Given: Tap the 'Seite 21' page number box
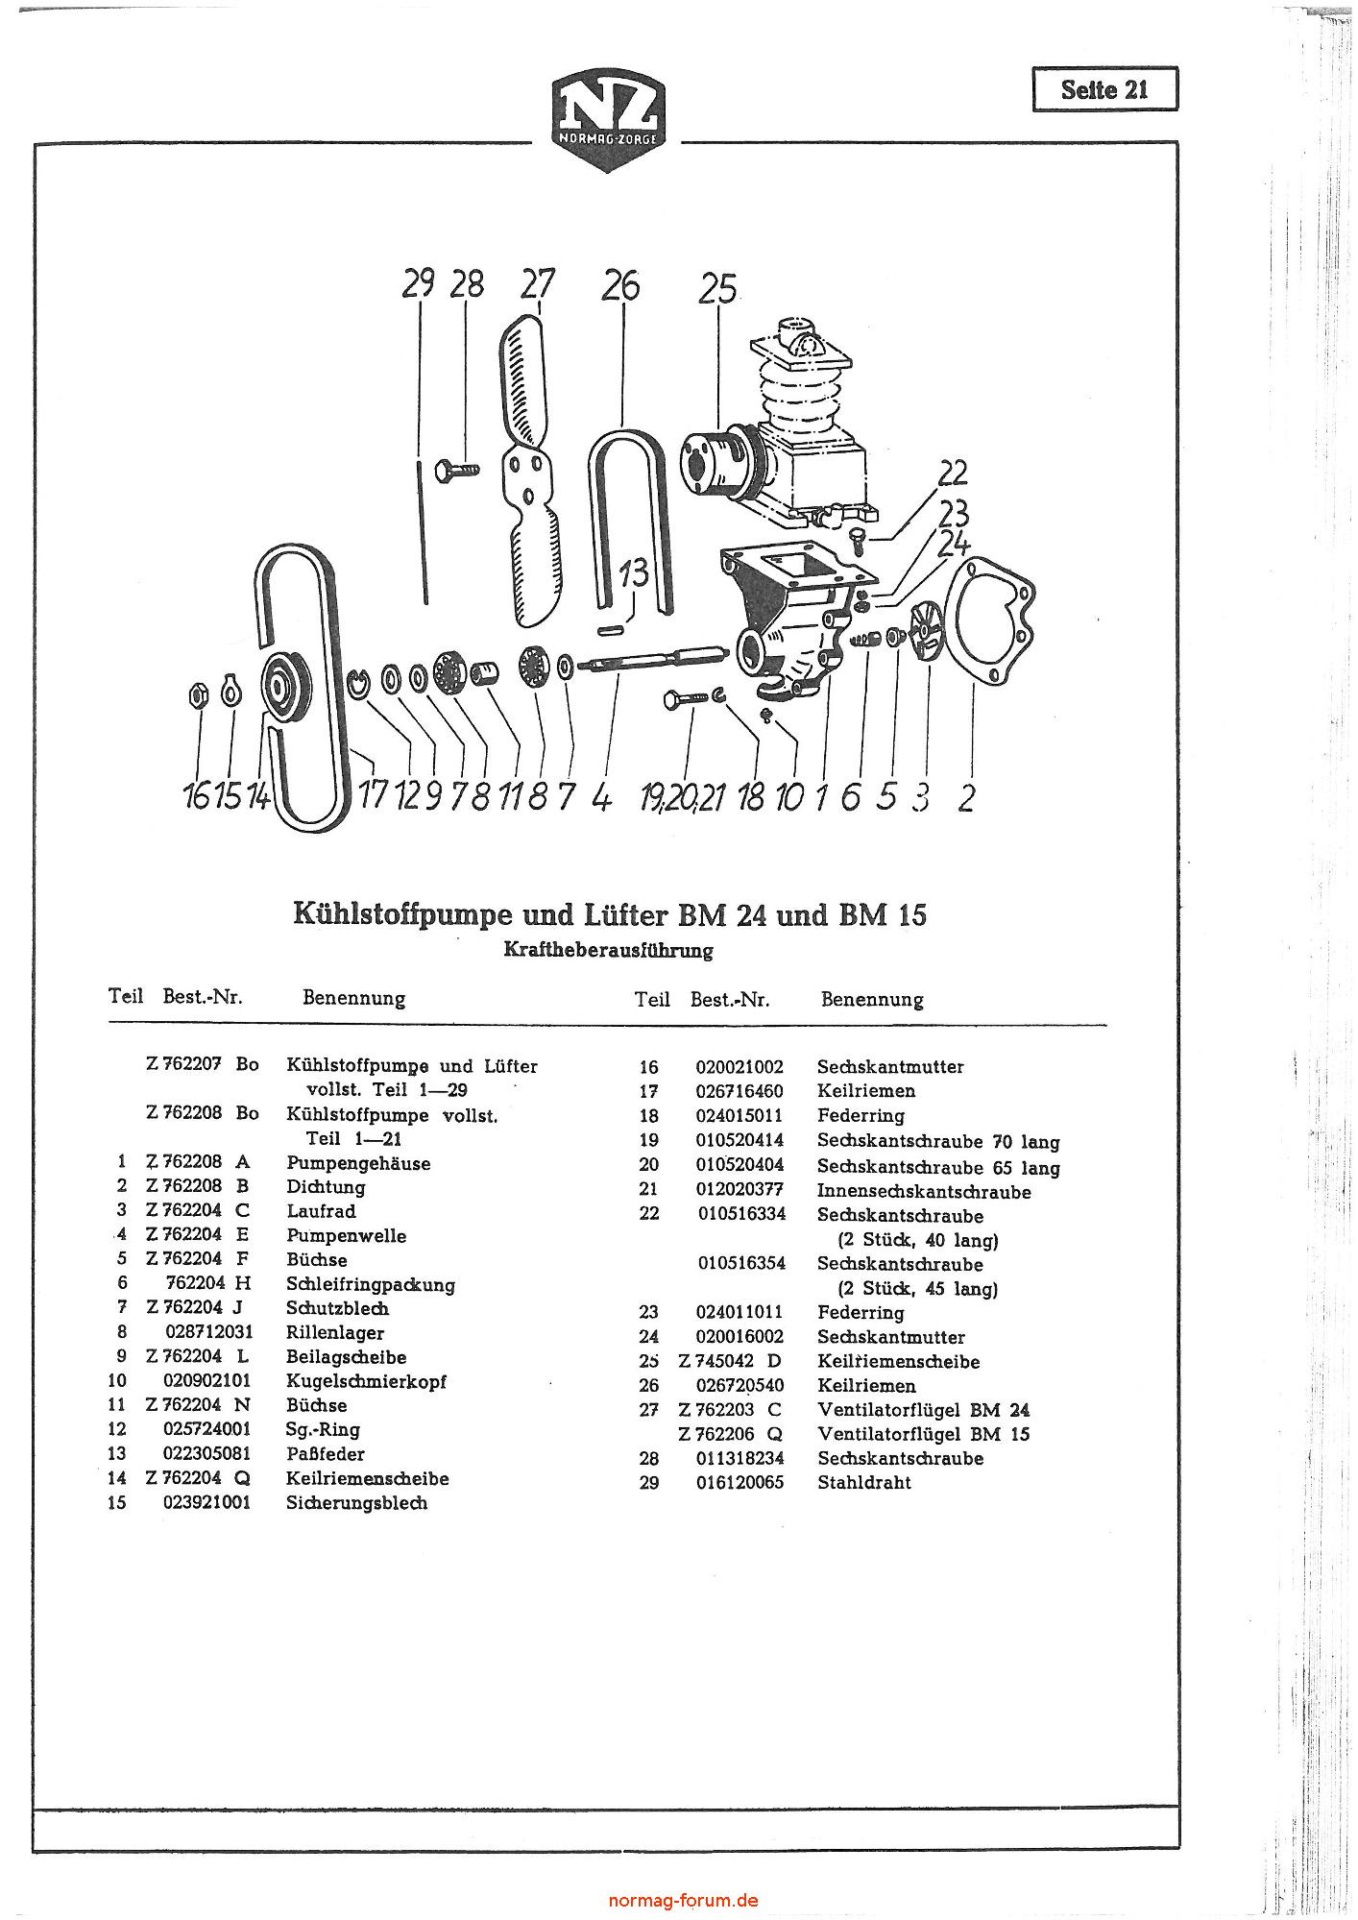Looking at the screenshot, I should click(x=1104, y=90).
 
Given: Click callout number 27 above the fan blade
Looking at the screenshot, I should click(x=538, y=284).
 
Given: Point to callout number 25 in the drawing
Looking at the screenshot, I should click(x=717, y=288).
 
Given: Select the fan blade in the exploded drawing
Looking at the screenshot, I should click(x=526, y=471).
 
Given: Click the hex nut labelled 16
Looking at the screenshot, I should click(x=198, y=695).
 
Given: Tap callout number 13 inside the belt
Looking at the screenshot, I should click(x=634, y=573).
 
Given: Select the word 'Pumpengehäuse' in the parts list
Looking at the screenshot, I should click(x=358, y=1163).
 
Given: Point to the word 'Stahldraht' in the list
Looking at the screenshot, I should click(x=863, y=1482).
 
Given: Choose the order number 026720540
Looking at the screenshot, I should click(x=739, y=1385).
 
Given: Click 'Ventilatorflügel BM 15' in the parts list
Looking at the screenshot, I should click(x=923, y=1434).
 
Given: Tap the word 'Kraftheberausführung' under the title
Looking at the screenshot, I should click(x=608, y=950).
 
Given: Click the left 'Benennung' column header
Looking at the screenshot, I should click(x=353, y=998).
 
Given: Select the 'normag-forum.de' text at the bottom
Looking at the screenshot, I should click(x=683, y=1900).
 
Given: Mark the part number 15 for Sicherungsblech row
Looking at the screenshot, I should click(x=116, y=1502).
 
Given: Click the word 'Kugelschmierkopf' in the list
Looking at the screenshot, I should click(x=366, y=1381).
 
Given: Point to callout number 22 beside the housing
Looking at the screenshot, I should click(x=953, y=473).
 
